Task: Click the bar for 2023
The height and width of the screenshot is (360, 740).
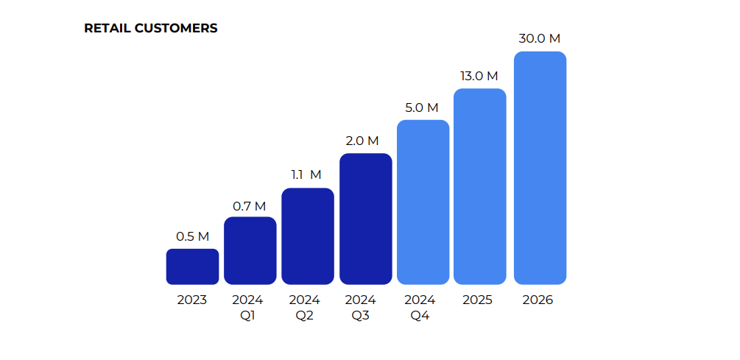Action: click(192, 267)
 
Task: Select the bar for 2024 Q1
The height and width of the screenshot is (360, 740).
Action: click(250, 250)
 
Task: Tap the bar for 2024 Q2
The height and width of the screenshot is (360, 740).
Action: click(308, 236)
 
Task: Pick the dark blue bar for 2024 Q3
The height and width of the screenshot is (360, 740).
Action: click(365, 219)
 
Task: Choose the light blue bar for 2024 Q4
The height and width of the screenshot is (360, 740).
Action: click(423, 202)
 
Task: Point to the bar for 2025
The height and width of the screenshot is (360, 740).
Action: click(479, 186)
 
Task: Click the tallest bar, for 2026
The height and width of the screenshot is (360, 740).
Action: click(540, 168)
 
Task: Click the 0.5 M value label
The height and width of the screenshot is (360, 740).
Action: click(192, 237)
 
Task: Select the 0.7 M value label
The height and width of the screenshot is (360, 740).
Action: click(250, 206)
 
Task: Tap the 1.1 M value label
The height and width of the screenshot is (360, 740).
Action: click(306, 175)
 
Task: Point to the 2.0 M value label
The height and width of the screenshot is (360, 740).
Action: click(362, 141)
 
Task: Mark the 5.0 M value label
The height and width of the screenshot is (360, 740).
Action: click(421, 107)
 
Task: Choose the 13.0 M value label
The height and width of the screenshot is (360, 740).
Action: click(479, 76)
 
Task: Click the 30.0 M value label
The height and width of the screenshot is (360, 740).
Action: click(540, 39)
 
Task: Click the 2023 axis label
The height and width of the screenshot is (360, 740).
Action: click(192, 300)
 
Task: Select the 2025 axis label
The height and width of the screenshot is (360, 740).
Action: click(478, 300)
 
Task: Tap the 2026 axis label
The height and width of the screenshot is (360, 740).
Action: click(538, 300)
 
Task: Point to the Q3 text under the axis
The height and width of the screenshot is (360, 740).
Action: click(361, 316)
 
